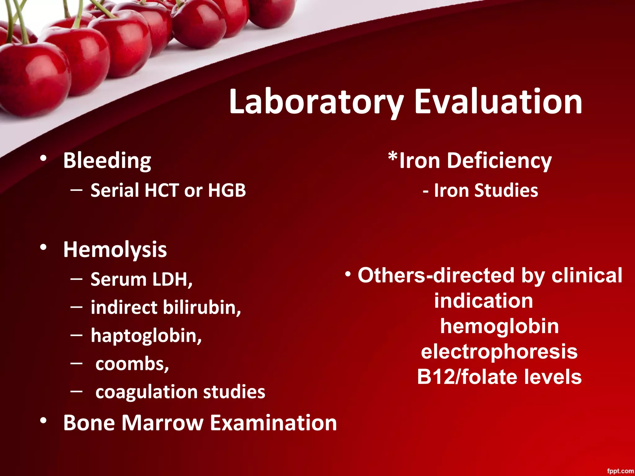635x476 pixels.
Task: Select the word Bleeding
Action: [107, 161]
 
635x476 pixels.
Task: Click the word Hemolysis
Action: [115, 250]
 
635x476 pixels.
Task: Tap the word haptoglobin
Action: [146, 336]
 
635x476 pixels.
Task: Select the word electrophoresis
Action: [499, 352]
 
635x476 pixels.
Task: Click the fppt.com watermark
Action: [620, 471]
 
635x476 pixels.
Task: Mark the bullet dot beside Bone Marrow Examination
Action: [43, 421]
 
